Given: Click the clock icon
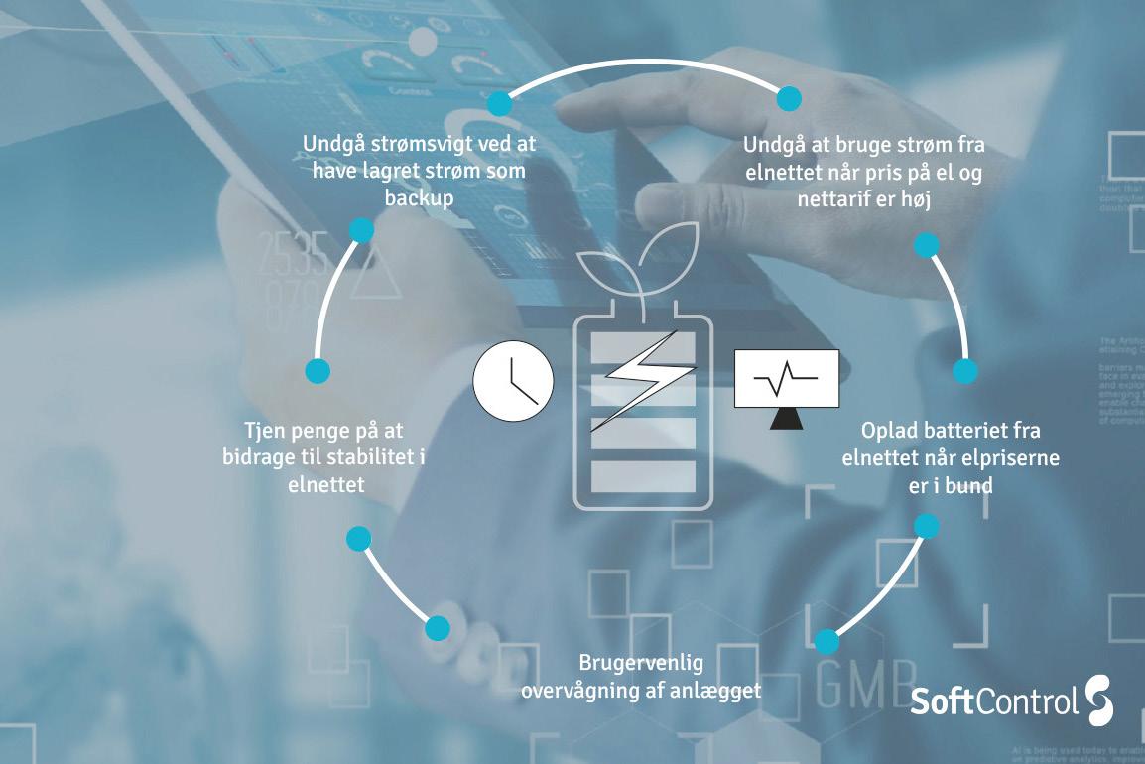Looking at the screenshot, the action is (x=512, y=382).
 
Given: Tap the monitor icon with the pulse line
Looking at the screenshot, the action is (x=786, y=378).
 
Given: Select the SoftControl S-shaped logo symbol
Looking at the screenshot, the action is (x=1099, y=700).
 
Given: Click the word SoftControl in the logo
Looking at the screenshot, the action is (x=994, y=701).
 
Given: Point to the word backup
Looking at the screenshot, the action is (x=419, y=197).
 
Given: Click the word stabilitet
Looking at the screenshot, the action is (x=361, y=457).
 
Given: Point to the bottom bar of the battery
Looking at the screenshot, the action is (x=643, y=476).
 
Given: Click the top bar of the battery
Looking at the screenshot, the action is (x=643, y=347).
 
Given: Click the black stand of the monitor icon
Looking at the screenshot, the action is (x=786, y=418).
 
